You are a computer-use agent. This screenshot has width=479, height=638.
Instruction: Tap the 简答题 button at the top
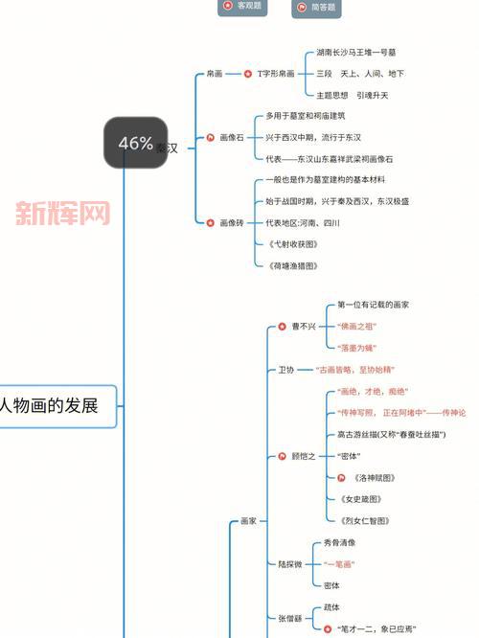coord(316,8)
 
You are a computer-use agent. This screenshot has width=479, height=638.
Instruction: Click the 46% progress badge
coord(136,143)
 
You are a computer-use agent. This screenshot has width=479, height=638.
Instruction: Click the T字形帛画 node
coord(275,73)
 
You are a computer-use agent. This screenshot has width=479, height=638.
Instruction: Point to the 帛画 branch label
coord(215,73)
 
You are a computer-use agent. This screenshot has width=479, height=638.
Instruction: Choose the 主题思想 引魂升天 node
coord(352,95)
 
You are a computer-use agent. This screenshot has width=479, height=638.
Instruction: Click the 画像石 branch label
coord(231,137)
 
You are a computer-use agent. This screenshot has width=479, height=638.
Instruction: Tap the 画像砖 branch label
coord(231,222)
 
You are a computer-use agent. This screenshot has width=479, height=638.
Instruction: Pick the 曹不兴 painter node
coord(302,326)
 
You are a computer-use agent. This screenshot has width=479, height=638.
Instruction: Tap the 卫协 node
coord(286,369)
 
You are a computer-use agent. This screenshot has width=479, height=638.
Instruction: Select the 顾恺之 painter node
coord(303,456)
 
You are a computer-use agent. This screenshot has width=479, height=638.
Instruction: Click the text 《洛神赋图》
coord(373,477)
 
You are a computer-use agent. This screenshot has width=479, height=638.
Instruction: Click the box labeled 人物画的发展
coord(57,405)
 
